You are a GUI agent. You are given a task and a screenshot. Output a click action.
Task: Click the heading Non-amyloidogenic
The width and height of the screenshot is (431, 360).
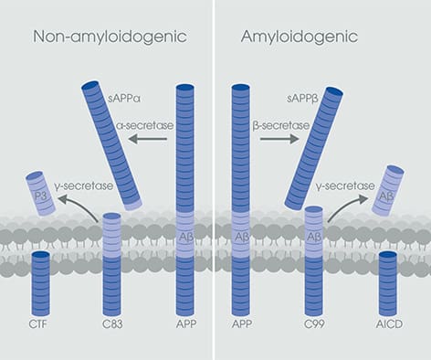point(109,37)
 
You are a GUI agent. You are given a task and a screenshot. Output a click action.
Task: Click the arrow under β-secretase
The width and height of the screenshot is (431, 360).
point(279,140)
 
